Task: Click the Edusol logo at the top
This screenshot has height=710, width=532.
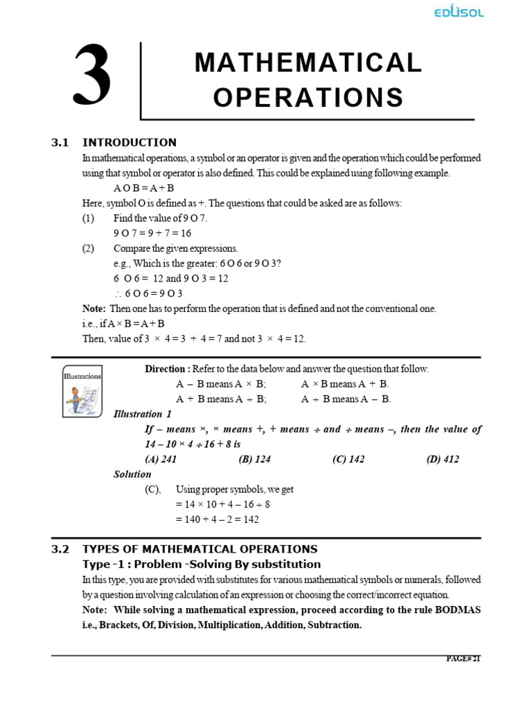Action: (x=458, y=12)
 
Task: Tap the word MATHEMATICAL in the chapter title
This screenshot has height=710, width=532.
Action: (x=308, y=63)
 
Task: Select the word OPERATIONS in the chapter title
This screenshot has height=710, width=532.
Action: (x=308, y=98)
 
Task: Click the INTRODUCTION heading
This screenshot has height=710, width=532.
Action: (x=130, y=143)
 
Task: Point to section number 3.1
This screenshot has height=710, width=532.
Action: (x=61, y=143)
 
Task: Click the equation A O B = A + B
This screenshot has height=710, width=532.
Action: (x=144, y=188)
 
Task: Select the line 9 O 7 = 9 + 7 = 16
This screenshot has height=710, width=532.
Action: (x=152, y=233)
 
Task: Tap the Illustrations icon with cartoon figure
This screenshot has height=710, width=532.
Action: (x=82, y=391)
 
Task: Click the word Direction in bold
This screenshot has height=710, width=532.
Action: (x=166, y=369)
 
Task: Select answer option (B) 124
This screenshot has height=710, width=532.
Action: (x=254, y=459)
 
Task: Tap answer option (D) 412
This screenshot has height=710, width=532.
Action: (x=443, y=459)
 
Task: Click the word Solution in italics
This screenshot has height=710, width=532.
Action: (x=132, y=474)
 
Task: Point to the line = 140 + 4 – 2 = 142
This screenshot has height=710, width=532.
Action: (x=218, y=519)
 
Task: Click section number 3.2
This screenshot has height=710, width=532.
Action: (x=61, y=549)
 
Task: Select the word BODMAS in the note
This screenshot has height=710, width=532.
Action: (x=459, y=609)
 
